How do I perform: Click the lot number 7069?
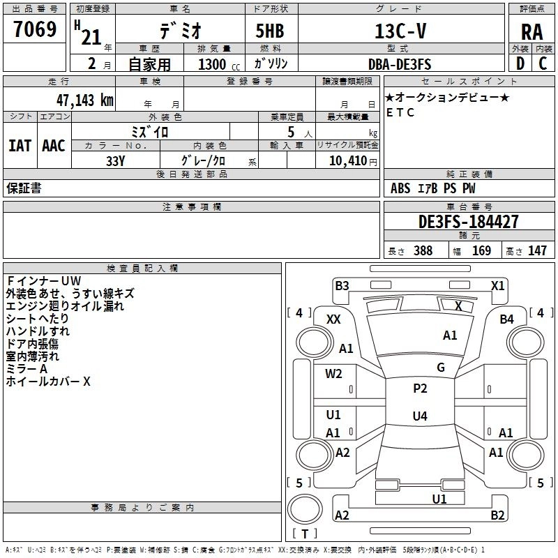[x=35, y=29]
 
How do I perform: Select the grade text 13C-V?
[x=400, y=31]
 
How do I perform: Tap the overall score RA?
[x=531, y=32]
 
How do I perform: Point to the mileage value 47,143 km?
[x=85, y=100]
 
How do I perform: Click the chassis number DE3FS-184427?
[x=468, y=221]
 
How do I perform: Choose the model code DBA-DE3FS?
[x=400, y=64]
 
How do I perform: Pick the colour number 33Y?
[x=115, y=161]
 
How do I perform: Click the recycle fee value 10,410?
[x=347, y=160]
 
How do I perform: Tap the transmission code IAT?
[x=20, y=146]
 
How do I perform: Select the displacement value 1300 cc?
[x=219, y=64]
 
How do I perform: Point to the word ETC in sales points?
[x=400, y=112]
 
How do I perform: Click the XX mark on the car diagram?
[x=333, y=319]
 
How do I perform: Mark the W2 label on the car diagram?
[x=333, y=373]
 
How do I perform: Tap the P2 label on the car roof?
[x=420, y=388]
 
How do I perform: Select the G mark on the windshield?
[x=441, y=367]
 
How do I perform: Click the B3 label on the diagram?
[x=342, y=285]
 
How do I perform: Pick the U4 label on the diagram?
[x=420, y=416]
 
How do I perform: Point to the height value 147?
[x=537, y=250]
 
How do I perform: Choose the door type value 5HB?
[x=270, y=31]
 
